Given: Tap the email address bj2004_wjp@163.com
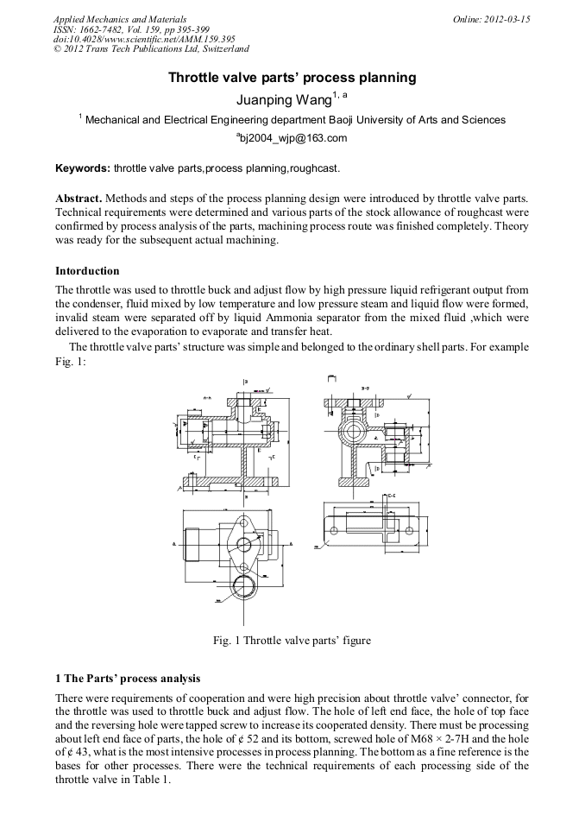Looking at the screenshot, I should click(x=293, y=137).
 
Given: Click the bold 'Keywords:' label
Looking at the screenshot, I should click(x=82, y=167).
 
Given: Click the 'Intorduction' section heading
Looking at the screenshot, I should click(x=87, y=271).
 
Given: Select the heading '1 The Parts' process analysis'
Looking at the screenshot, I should click(x=127, y=679).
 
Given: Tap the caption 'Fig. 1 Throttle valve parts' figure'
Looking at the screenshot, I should click(x=292, y=641).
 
